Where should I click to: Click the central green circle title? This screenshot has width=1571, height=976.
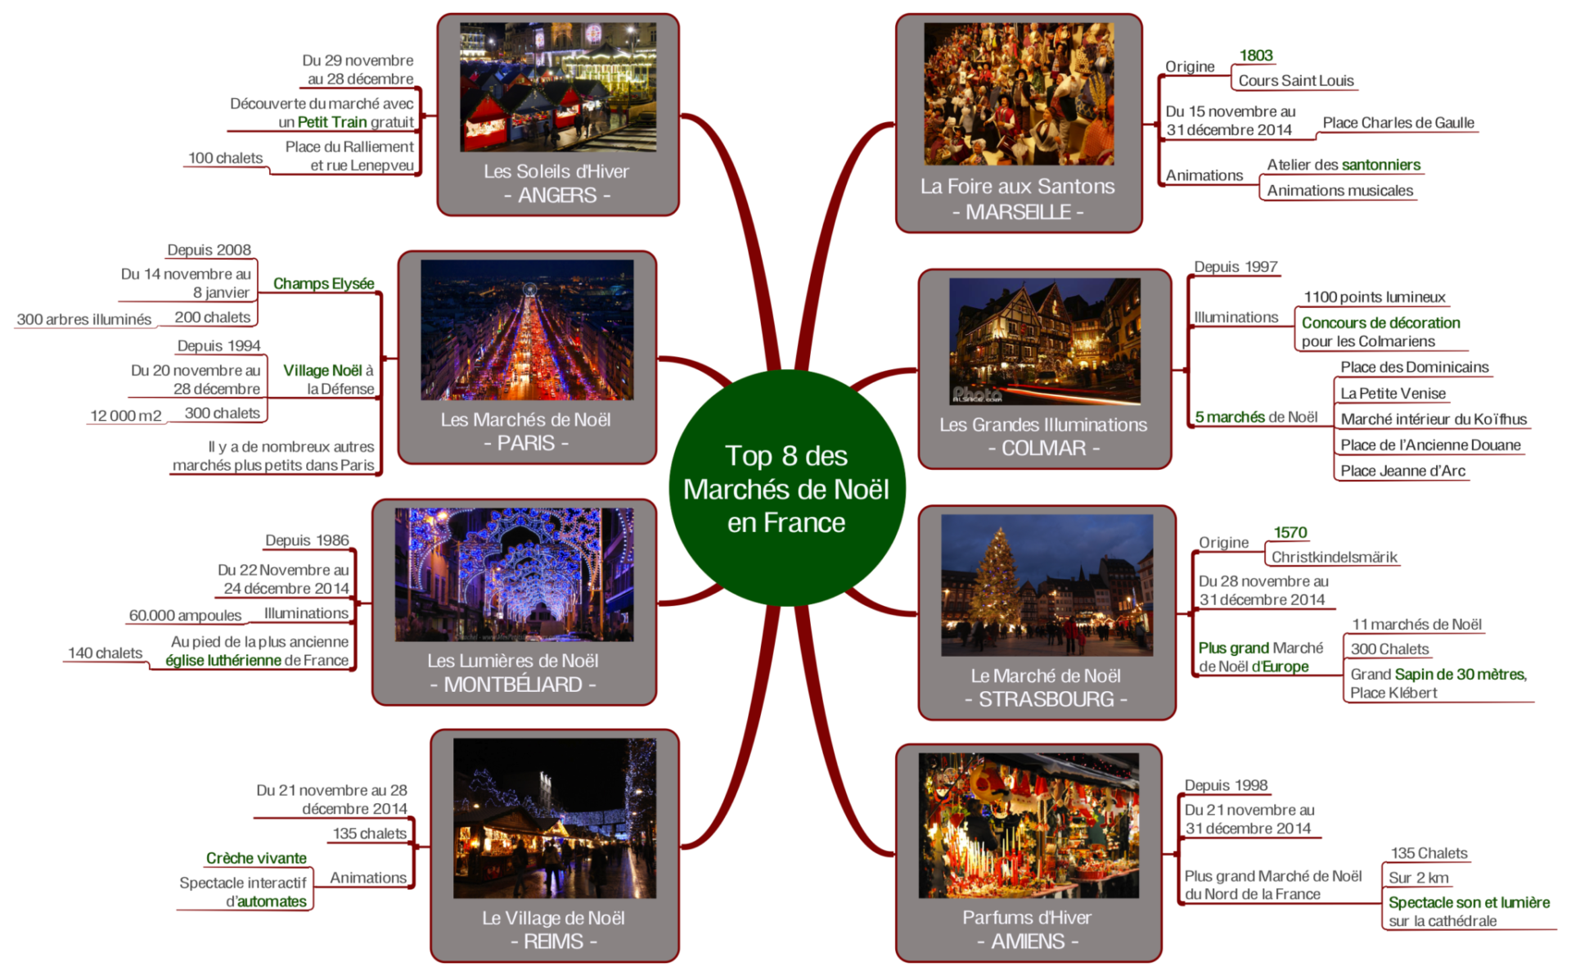786,489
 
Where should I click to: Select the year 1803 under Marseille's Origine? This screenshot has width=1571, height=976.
1255,56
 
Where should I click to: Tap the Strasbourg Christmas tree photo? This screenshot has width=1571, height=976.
1047,585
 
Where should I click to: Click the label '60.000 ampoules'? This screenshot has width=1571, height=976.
185,615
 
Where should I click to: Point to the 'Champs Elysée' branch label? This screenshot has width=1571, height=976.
323,283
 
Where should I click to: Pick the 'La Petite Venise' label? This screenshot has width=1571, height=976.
1393,393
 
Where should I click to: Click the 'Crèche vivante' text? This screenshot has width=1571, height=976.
256,858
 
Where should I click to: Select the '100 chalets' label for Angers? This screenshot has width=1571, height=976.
225,158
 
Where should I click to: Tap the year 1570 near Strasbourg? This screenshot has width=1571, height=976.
1290,532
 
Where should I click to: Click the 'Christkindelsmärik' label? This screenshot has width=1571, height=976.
1334,557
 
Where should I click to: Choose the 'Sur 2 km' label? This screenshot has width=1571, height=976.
1418,878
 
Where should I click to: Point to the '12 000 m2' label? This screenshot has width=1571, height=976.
126,415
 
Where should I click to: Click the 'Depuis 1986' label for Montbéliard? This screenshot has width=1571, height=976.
307,540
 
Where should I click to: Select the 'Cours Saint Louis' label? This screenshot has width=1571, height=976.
1295,80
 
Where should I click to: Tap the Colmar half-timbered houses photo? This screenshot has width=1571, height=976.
1044,341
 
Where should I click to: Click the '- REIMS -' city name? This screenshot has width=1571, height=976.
554,942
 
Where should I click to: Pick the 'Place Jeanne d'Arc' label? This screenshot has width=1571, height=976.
1402,471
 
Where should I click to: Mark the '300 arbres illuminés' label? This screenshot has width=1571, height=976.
83,319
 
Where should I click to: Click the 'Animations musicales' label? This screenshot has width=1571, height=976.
1339,191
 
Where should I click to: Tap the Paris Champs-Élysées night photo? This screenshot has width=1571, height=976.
527,330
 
